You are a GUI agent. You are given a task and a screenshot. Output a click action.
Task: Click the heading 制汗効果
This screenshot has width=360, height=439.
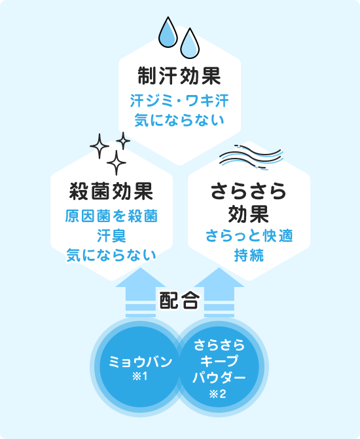click(179, 76)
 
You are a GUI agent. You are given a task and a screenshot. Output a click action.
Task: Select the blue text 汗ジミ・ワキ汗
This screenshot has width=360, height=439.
click(179, 101)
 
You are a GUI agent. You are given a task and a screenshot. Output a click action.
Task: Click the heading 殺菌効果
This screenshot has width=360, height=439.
click(111, 191)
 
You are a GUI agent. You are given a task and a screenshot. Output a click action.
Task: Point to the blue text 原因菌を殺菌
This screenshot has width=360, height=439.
click(111, 216)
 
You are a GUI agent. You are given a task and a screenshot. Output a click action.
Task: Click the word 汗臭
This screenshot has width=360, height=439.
click(111, 236)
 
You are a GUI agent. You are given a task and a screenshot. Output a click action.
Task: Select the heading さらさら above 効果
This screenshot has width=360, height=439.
click(249, 191)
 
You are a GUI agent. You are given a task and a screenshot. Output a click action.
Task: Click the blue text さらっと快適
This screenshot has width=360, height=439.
click(249, 236)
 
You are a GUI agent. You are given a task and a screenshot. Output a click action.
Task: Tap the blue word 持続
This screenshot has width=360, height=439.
click(249, 256)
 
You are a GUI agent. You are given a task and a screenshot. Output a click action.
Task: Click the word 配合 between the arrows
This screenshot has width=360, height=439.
click(179, 300)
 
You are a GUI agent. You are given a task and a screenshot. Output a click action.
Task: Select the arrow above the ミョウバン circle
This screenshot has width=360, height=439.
click(141, 292)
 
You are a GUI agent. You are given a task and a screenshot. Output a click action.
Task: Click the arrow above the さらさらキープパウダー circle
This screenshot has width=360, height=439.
click(219, 292)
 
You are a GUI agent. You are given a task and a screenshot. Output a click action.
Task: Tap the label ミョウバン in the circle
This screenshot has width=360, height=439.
click(140, 362)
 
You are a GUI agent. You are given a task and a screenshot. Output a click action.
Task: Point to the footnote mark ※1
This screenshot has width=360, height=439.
click(140, 377)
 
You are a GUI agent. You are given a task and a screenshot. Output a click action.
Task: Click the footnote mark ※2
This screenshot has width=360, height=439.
click(217, 394)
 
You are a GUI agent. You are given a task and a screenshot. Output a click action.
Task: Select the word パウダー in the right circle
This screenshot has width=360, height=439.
click(219, 377)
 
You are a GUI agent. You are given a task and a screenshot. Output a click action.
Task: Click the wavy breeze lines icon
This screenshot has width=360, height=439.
click(251, 157)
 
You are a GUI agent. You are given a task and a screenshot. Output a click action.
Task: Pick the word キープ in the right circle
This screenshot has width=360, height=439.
click(219, 361)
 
